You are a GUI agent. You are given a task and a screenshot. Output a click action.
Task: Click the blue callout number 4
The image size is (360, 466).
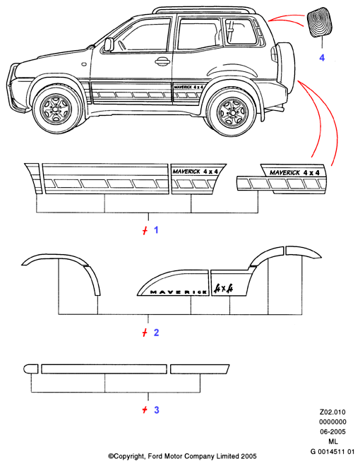[322, 57]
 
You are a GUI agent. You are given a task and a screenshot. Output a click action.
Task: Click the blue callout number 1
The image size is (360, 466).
[156, 229]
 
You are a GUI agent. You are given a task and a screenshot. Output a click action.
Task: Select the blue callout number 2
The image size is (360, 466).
[156, 333]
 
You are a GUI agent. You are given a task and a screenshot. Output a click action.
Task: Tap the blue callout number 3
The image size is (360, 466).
[156, 410]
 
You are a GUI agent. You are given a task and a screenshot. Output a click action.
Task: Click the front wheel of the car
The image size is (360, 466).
[56, 109]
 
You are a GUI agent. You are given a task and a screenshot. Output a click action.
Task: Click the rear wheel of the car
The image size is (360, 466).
[232, 112]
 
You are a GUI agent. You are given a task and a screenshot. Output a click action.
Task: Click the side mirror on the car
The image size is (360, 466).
[108, 44]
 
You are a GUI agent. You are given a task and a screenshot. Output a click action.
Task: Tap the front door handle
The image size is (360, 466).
[162, 61]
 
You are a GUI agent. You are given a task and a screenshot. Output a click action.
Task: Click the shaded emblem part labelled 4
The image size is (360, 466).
[320, 23]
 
